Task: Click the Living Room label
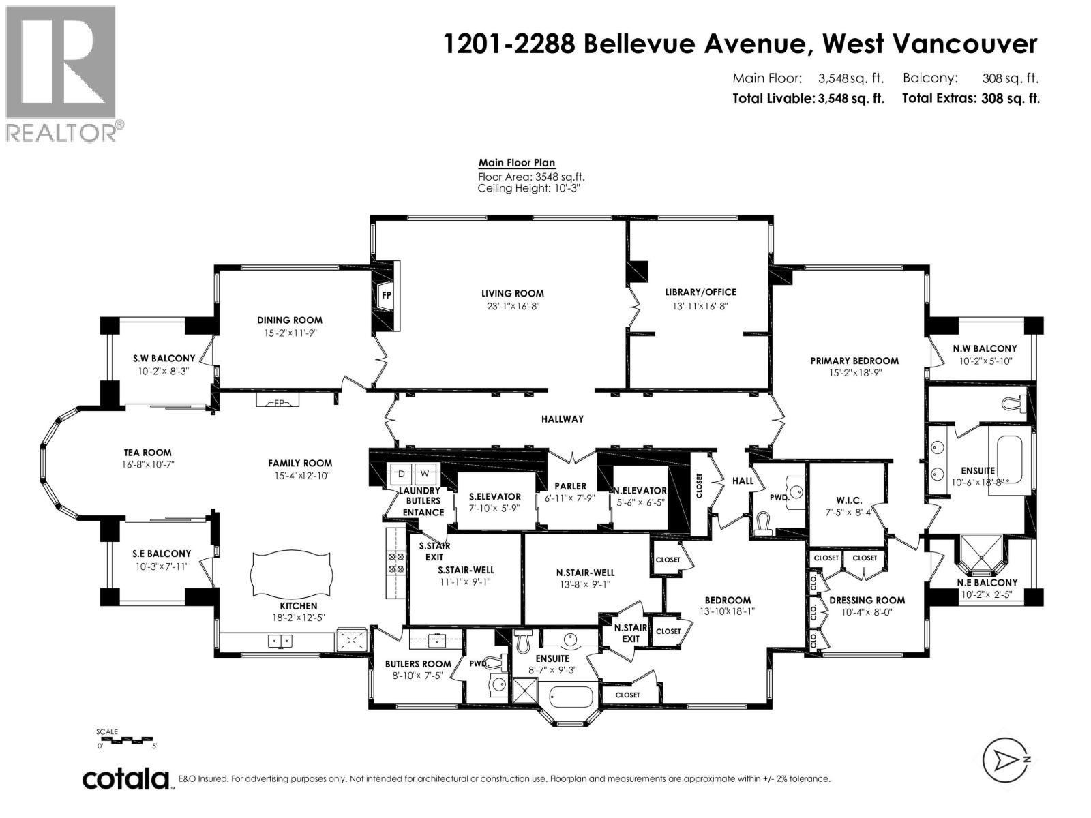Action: coord(512,294)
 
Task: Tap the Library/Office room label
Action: coord(701,292)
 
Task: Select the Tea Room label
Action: coord(147,453)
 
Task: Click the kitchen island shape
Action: coord(292,573)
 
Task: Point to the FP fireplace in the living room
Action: coord(387,295)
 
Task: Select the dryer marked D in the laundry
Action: coord(401,474)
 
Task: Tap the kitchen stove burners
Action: coord(395,563)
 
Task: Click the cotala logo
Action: coord(126,778)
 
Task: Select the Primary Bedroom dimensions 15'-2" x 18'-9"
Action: coord(854,374)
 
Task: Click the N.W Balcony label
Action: coord(984,348)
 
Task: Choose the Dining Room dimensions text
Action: coord(290,333)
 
